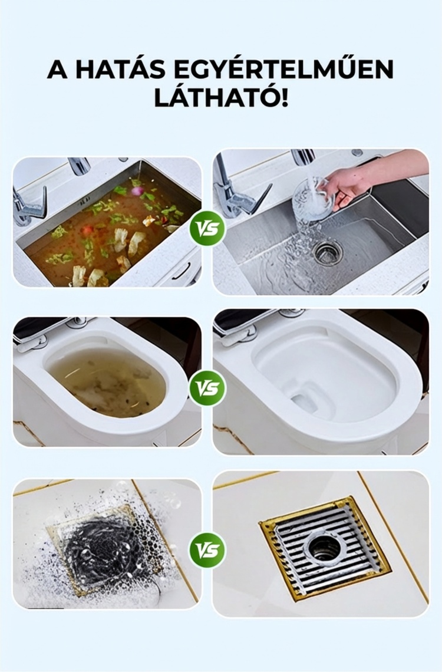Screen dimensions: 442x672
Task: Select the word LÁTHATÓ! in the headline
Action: [221, 98]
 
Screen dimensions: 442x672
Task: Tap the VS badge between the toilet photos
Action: [207, 388]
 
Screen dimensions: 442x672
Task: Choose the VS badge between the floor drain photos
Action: [207, 551]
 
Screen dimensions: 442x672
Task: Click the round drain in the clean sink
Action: [328, 251]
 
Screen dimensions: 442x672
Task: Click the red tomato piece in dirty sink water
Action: [87, 230]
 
